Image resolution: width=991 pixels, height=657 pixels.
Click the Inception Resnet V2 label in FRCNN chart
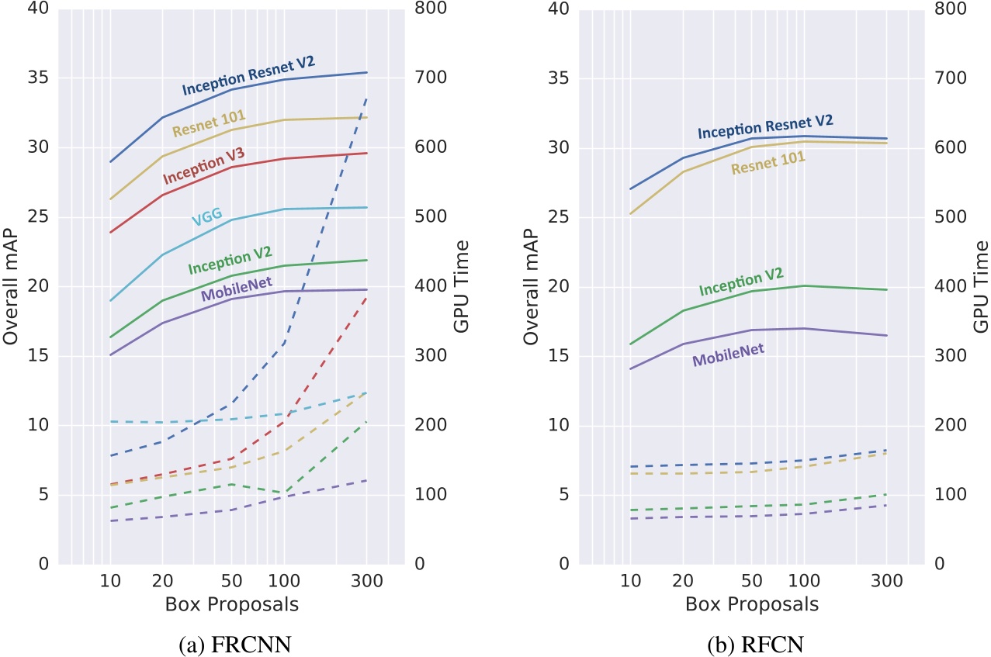[248, 76]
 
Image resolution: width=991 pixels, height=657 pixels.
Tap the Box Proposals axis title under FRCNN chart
[232, 603]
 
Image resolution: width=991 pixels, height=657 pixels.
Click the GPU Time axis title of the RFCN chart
[981, 286]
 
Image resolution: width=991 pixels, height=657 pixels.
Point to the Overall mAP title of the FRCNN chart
[10, 286]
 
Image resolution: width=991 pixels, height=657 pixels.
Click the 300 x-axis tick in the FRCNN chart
[366, 581]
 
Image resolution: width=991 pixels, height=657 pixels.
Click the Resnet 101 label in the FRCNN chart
[204, 123]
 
